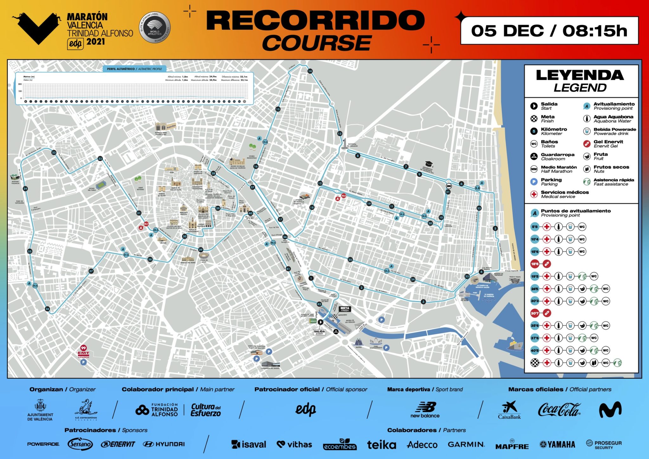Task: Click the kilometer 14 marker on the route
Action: click(310, 71)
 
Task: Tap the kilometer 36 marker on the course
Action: click(47, 309)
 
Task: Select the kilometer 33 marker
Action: click(54, 152)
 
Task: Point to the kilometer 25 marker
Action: click(350, 260)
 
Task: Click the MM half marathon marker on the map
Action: click(448, 186)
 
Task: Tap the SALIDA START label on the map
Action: click(319, 332)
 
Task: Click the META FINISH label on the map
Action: click(345, 309)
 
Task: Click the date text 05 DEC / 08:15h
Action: click(549, 31)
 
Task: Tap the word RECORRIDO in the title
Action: click(315, 20)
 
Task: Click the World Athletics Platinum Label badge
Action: click(155, 28)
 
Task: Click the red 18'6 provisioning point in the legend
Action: click(535, 264)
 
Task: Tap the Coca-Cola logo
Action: click(559, 409)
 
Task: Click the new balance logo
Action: click(425, 410)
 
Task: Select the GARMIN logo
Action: click(466, 444)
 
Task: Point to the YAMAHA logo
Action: click(557, 444)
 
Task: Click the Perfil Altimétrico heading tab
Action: click(134, 69)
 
